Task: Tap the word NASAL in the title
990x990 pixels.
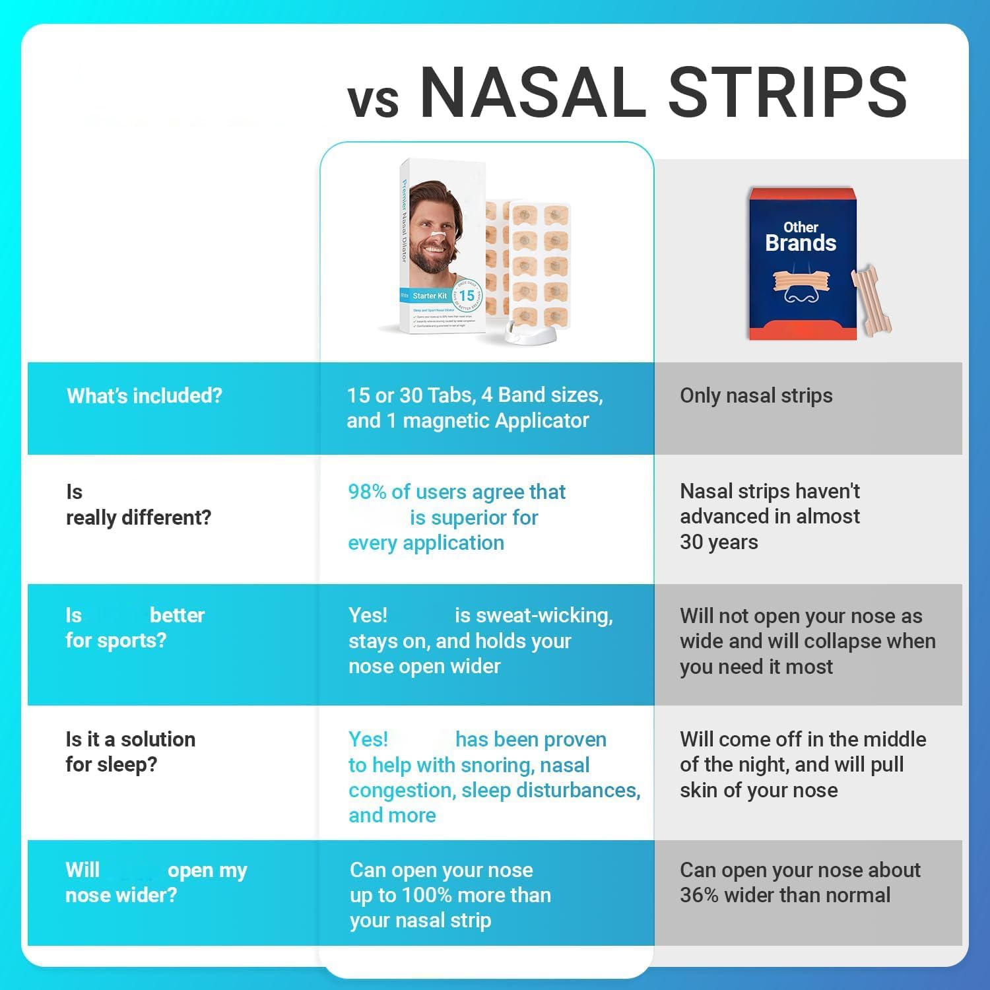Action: coord(533,92)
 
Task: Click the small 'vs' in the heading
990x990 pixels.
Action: coord(373,101)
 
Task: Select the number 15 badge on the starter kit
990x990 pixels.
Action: coord(467,296)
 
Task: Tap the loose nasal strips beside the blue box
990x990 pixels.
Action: coord(873,297)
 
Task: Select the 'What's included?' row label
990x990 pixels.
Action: coord(144,396)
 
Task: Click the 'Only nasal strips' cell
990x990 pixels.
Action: coord(756,396)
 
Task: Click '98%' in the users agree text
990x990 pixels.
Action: coord(367,492)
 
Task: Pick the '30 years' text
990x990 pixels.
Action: coord(719,542)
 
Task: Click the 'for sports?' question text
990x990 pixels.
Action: coord(115,640)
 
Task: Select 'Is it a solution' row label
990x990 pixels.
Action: coord(130,739)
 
